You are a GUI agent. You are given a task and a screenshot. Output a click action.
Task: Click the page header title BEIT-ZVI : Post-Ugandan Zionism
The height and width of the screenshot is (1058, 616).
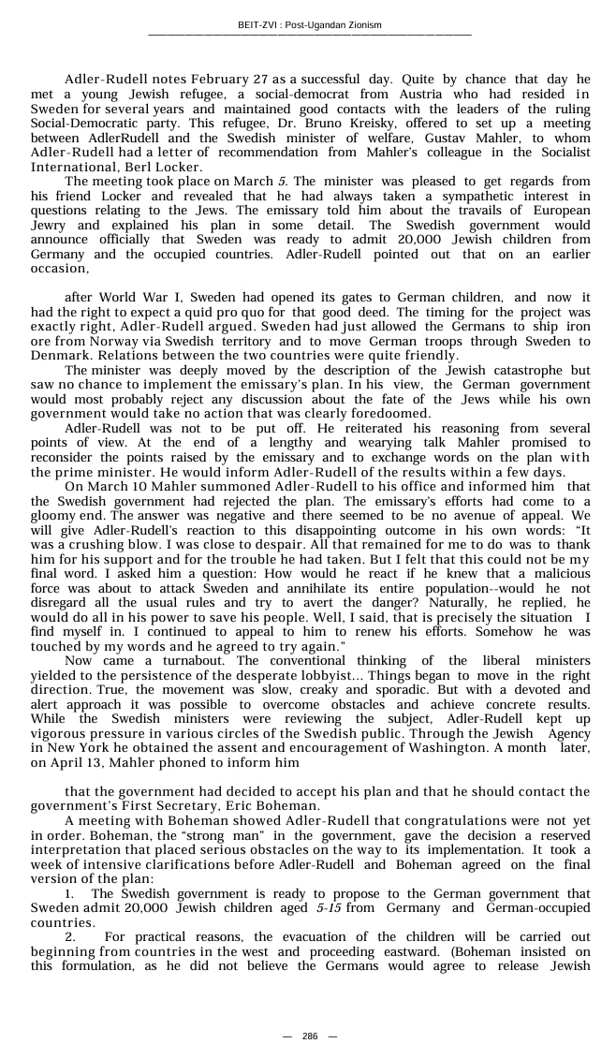[309, 25]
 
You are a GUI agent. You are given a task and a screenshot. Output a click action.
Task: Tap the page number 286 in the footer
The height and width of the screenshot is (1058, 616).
[309, 1036]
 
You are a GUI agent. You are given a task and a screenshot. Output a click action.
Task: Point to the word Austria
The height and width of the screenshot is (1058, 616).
[400, 95]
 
